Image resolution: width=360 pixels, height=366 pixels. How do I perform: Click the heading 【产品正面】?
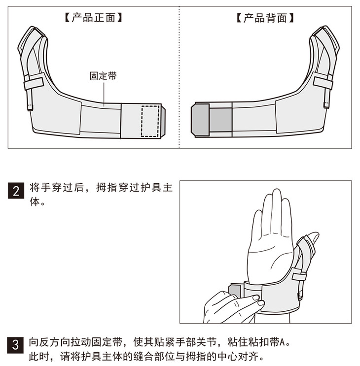coord(93,18)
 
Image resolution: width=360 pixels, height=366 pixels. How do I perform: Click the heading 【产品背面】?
coord(265,18)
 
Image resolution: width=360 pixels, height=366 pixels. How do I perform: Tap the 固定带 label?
coord(103,76)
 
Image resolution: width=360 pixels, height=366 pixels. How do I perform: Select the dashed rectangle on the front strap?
coord(150,121)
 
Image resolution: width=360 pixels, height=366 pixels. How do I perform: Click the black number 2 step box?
coord(16,191)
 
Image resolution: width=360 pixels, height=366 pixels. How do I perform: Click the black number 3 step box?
coord(15,345)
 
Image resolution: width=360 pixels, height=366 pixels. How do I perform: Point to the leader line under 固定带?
coord(104,94)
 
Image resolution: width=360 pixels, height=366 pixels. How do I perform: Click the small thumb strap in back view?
coord(323,83)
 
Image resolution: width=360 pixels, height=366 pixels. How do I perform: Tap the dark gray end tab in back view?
coord(200,120)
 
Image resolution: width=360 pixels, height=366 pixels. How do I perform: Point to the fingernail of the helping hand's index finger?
coord(255,298)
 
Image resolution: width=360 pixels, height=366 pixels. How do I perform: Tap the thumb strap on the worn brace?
coord(299,276)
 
